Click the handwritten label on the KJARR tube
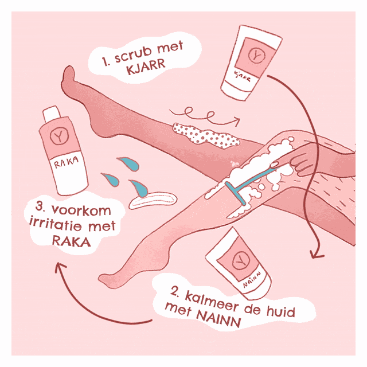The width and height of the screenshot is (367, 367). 242,76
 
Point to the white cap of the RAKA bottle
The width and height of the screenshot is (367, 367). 52,114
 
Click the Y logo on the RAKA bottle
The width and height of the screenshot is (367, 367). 59,136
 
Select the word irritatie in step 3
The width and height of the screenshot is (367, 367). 56,225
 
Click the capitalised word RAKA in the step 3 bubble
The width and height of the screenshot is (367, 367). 71,241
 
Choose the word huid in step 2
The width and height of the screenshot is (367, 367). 281,311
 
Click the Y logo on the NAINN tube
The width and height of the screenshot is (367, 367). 240,260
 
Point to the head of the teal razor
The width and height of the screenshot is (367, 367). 236,194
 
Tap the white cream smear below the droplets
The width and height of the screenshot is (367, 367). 153,200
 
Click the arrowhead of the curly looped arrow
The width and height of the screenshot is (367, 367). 236,121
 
